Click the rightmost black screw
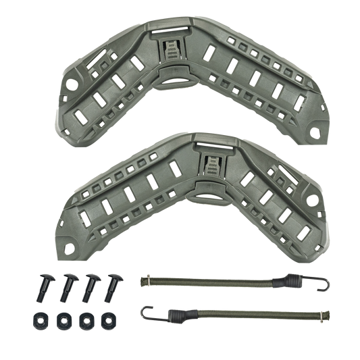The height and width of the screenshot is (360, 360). pos(109,288)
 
